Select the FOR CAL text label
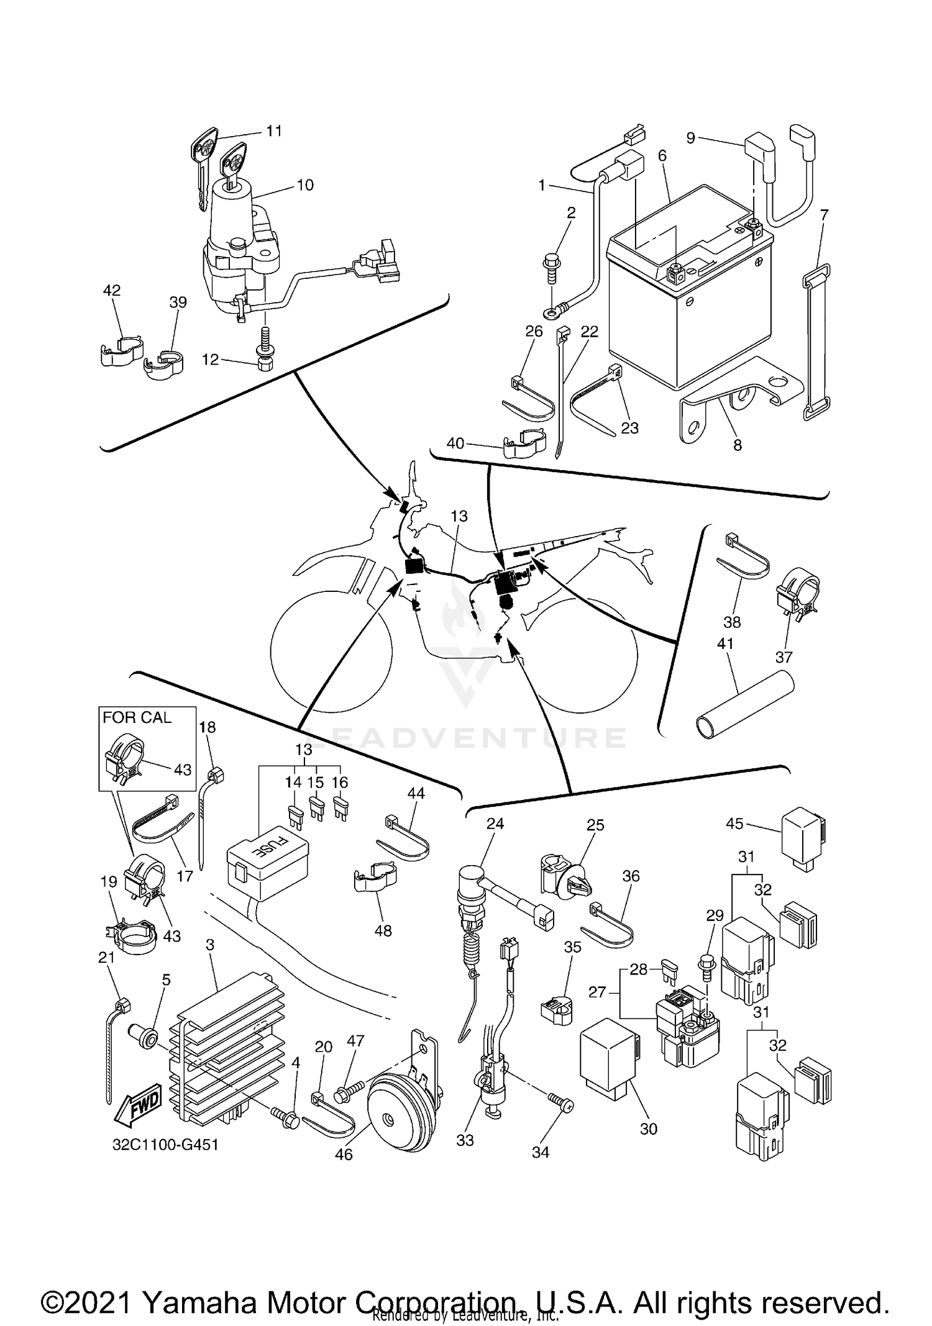point(137,717)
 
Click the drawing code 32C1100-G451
point(166,1145)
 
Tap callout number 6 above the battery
point(662,155)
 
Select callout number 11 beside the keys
point(274,131)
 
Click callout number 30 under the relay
point(648,1128)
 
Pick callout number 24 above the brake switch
point(495,824)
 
